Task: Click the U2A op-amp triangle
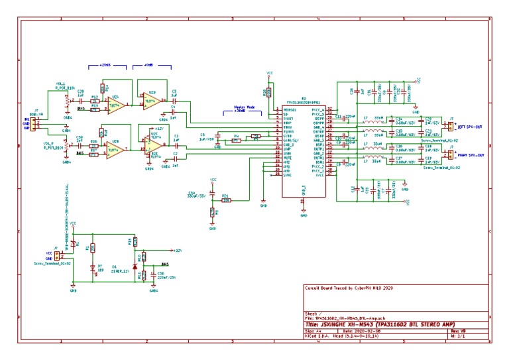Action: coord(116,105)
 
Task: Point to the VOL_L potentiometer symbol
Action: coord(66,101)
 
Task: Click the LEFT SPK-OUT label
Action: coord(471,126)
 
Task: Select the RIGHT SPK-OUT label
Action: coord(471,155)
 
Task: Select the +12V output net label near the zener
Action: coord(177,250)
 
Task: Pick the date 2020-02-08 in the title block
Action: coord(368,330)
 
